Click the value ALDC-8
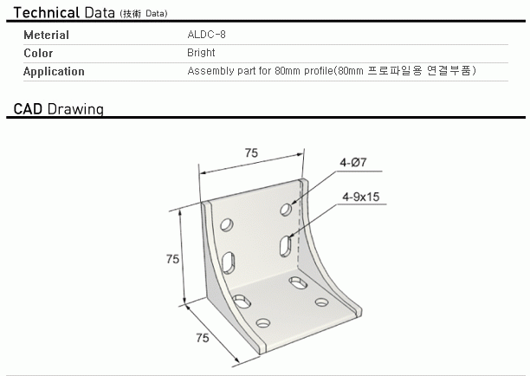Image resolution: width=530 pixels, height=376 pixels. (206, 35)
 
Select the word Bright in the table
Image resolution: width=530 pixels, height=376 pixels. (201, 53)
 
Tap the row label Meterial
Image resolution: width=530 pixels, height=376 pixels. (46, 35)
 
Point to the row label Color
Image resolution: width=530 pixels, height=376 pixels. (38, 53)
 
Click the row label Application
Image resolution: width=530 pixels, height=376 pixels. (54, 71)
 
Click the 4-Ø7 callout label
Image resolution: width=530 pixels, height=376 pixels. (352, 163)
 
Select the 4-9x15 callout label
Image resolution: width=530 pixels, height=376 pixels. (360, 197)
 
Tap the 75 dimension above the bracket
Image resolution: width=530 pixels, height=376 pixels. (251, 153)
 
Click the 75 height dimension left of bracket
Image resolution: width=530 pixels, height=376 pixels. (172, 259)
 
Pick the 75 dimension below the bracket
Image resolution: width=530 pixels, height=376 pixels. (203, 338)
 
